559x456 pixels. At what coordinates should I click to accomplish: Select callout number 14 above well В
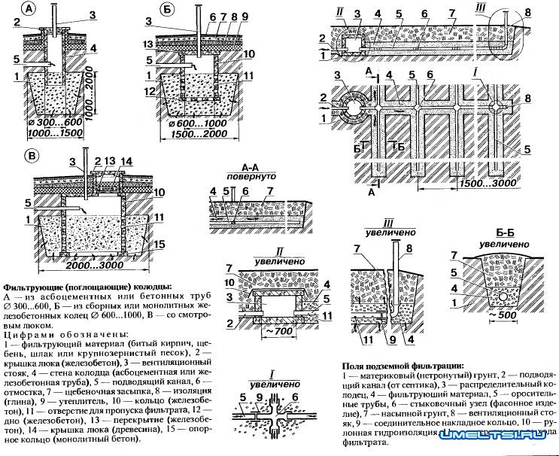coord(125,160)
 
